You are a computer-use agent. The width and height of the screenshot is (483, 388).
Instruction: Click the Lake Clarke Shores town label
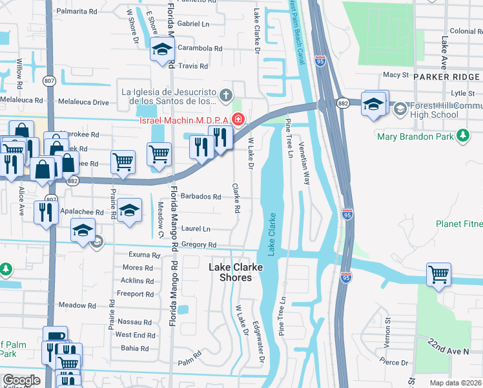pyautogui.click(x=230, y=272)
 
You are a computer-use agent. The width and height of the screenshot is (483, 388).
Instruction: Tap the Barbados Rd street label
pyautogui.click(x=200, y=197)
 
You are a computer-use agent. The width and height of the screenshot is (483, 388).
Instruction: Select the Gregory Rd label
pyautogui.click(x=198, y=245)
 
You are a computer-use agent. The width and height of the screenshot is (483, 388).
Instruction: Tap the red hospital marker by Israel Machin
pyautogui.click(x=238, y=119)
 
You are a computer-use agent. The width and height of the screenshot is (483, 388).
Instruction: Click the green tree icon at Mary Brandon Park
pyautogui.click(x=462, y=135)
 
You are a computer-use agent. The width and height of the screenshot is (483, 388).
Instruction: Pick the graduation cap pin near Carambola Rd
pyautogui.click(x=162, y=49)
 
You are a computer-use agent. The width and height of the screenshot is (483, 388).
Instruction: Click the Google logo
pyautogui.click(x=21, y=380)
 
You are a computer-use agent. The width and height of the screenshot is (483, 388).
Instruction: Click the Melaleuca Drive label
pyautogui.click(x=83, y=102)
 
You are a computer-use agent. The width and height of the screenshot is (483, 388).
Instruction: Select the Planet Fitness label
pyautogui.click(x=459, y=224)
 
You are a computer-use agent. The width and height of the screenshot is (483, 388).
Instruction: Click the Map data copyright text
pyautogui.click(x=455, y=383)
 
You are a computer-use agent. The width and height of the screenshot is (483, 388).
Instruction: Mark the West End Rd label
pyautogui.click(x=135, y=335)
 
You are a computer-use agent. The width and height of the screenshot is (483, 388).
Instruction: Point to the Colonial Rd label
pyautogui.click(x=462, y=31)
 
